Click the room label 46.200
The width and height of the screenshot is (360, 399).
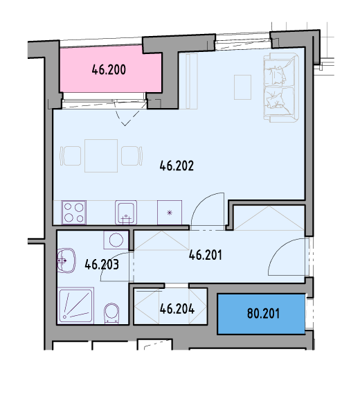(109, 69)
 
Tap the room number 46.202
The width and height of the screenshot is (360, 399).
(177, 166)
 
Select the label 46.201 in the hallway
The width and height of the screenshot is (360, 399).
(206, 255)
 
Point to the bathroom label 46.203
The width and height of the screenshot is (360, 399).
(102, 265)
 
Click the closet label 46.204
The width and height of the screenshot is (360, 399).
(177, 309)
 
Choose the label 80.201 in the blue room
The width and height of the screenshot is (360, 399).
(263, 314)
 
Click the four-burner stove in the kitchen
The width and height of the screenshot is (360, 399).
(74, 213)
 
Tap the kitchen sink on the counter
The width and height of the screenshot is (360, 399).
(126, 213)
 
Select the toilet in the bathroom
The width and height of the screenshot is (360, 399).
(111, 314)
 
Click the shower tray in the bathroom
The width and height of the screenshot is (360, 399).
(75, 305)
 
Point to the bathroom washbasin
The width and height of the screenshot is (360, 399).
(66, 260)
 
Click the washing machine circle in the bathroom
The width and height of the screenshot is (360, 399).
(116, 240)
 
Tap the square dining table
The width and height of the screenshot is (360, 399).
(101, 156)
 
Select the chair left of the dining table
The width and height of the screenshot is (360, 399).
(71, 156)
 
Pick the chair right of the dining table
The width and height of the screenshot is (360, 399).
(132, 156)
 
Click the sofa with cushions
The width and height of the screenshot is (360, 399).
(281, 87)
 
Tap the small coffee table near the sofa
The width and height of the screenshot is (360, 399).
(242, 87)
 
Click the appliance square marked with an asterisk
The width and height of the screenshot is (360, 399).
(170, 213)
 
